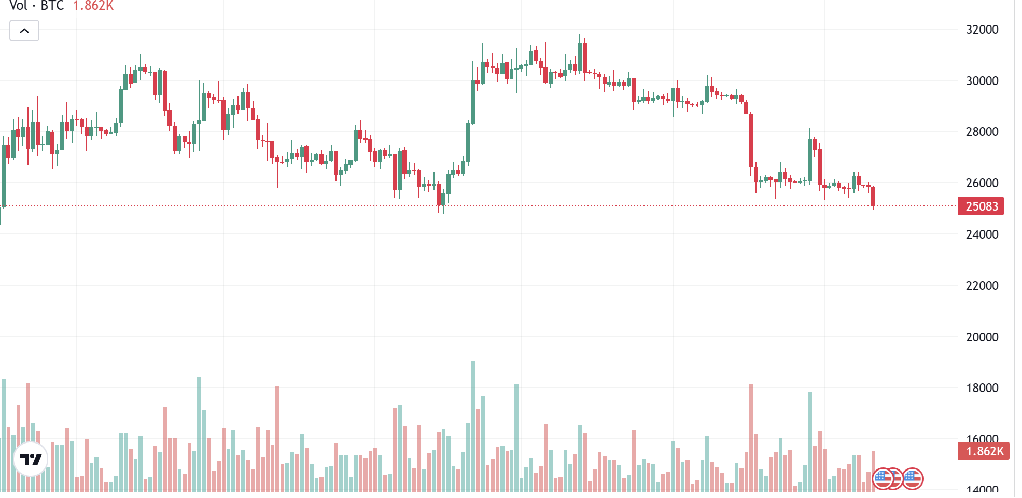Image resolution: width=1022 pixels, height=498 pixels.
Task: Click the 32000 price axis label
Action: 982,30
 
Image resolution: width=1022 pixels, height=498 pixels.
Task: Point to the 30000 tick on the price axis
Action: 982,81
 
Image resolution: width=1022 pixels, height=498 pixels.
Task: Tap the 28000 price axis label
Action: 982,132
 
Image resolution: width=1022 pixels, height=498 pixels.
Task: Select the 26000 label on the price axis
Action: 982,183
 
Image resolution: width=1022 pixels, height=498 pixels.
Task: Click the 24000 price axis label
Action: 982,234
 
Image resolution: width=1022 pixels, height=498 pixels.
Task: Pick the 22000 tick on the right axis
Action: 982,286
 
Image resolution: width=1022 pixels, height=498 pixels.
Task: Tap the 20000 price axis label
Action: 982,337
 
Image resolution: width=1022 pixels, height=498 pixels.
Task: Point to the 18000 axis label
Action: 982,388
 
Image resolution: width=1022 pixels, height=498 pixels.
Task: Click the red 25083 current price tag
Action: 981,206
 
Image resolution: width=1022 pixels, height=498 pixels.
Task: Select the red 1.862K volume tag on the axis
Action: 984,451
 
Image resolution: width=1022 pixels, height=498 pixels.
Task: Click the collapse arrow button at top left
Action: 24,31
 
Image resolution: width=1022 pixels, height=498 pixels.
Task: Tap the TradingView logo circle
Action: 31,459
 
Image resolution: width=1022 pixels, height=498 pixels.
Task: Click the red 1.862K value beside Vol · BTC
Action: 93,6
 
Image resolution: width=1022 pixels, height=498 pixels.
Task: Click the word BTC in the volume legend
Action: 52,6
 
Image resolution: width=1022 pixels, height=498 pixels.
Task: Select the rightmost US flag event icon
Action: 913,478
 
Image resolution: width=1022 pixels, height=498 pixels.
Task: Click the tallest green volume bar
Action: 473,425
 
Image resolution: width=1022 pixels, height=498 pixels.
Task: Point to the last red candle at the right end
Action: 873,197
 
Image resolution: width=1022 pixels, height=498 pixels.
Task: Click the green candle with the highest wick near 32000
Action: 580,57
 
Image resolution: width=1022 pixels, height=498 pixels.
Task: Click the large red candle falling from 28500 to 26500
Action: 751,140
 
